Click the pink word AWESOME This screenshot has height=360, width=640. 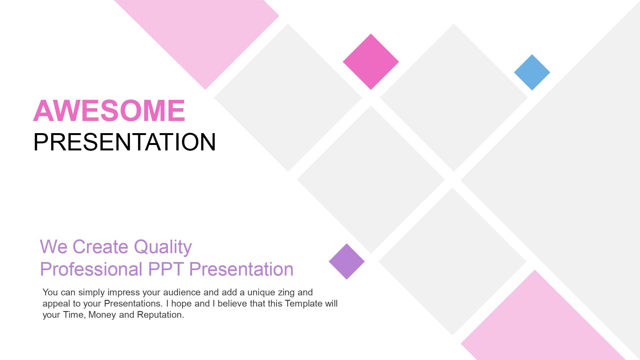pos(109,111)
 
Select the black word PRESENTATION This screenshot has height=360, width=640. pos(124,142)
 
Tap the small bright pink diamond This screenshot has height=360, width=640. pos(371,62)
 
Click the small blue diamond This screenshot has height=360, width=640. pos(532,72)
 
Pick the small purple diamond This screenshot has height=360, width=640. pos(347,261)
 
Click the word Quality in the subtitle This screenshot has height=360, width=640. pos(163,247)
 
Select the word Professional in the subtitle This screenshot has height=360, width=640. pos(91,269)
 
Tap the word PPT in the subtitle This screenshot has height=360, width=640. pos(166,269)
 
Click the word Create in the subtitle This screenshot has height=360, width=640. pos(100,247)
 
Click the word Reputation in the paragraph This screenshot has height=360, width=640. pos(160,315)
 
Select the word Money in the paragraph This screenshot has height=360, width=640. pos(102,315)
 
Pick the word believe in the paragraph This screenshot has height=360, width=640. pos(232,303)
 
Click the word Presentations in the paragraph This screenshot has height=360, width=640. pos(133,303)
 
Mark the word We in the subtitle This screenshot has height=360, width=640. pos(53,247)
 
